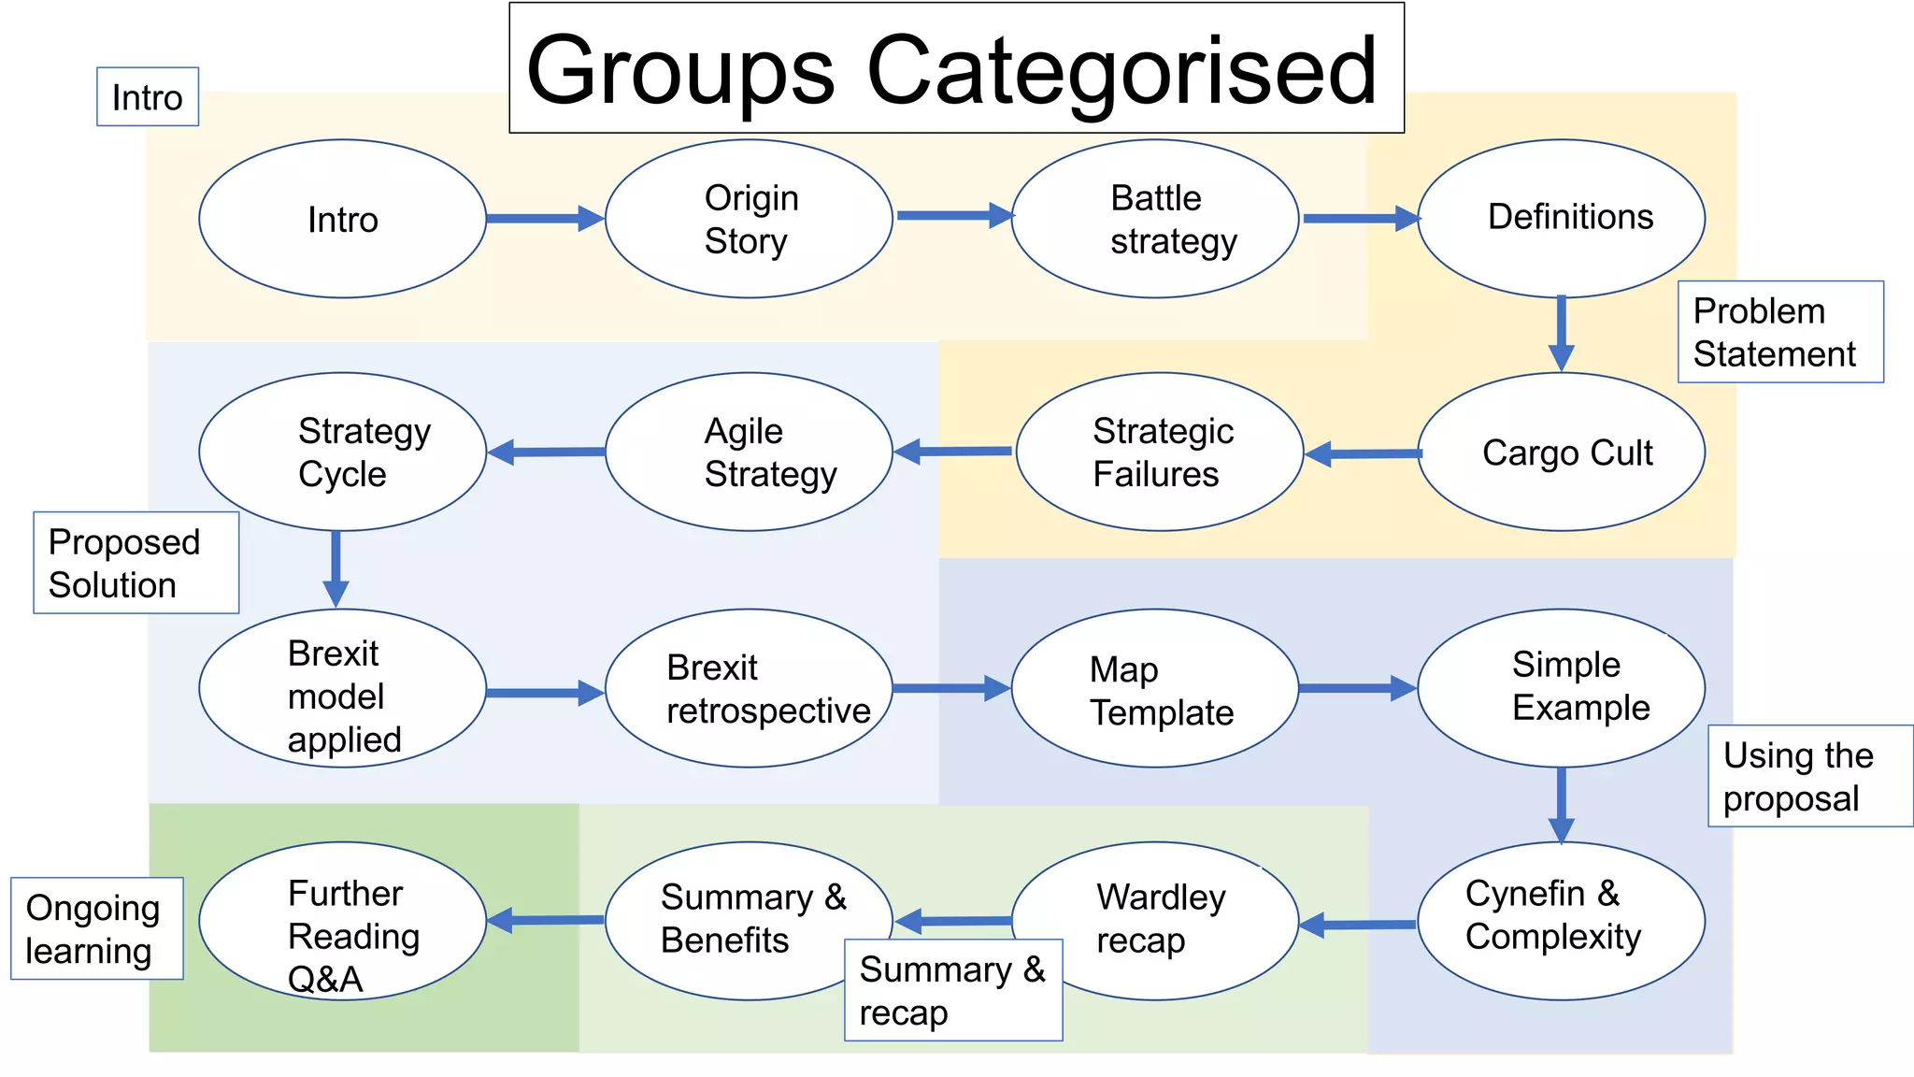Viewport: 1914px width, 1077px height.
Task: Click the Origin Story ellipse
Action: click(749, 219)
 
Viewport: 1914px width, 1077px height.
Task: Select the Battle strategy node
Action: click(1155, 219)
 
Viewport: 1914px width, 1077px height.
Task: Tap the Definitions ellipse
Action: click(1561, 218)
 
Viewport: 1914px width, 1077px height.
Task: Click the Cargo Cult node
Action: click(1561, 452)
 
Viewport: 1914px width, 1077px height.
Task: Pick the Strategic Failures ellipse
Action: click(1159, 452)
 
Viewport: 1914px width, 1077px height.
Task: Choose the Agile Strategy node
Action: click(749, 452)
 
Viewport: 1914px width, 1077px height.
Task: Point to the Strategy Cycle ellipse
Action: click(342, 452)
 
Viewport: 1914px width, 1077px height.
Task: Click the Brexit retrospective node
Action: click(749, 689)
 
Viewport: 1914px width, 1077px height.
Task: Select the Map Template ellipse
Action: click(1155, 689)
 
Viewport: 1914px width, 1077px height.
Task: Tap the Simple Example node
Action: click(1561, 689)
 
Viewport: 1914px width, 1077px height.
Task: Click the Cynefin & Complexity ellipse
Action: click(1561, 921)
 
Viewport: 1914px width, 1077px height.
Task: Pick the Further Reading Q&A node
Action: click(342, 921)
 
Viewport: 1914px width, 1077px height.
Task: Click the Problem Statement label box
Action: click(1779, 332)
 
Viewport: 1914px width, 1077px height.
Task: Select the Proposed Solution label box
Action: click(136, 563)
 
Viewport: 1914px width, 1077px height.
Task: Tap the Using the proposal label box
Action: click(1809, 776)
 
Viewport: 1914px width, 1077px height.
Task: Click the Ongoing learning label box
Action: click(96, 928)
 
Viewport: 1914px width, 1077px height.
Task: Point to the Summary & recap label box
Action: click(953, 990)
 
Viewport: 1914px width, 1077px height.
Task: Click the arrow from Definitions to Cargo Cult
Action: click(1561, 334)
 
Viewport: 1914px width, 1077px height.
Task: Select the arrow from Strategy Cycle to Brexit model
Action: click(336, 568)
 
